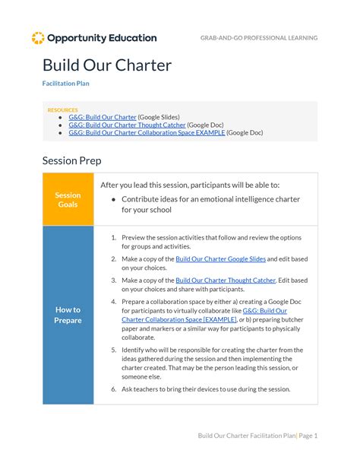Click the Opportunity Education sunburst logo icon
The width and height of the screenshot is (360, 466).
[x=37, y=38]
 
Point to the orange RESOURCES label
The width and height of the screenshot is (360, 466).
[x=62, y=110]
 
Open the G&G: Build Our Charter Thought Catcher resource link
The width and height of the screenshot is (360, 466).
[x=126, y=125]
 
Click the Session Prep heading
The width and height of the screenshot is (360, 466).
[x=71, y=161]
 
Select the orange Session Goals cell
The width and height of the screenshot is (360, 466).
[x=68, y=199]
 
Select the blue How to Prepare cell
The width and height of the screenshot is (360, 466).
[x=68, y=315]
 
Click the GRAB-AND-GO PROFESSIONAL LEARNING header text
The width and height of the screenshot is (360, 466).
[x=259, y=38]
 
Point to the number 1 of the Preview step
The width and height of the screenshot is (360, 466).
[x=113, y=237]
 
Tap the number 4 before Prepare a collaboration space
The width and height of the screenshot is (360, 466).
[x=113, y=302]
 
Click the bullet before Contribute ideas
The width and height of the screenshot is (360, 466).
[x=113, y=199]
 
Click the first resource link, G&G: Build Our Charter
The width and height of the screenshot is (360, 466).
[x=102, y=117]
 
